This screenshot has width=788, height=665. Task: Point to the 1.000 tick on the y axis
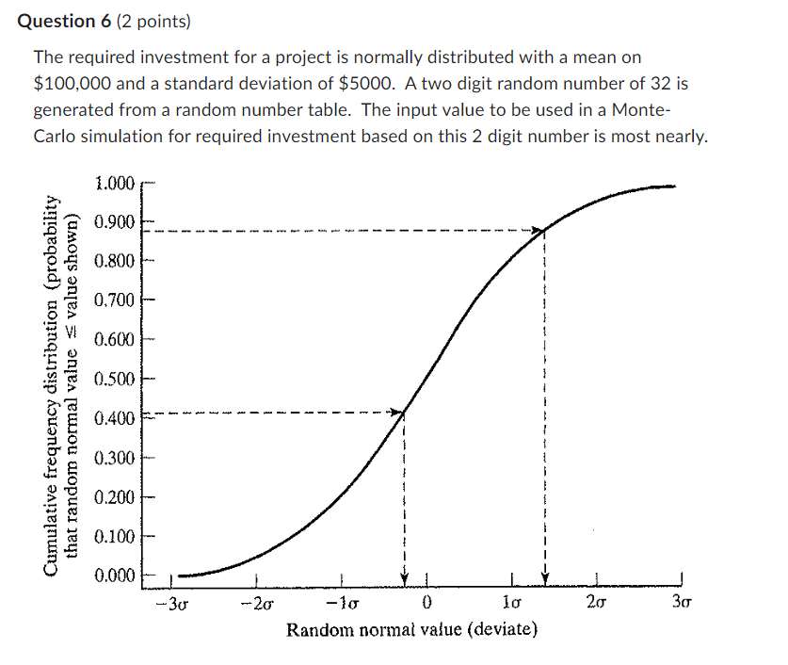point(115,183)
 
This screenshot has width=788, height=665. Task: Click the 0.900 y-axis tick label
point(115,221)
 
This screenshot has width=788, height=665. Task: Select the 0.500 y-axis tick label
point(115,379)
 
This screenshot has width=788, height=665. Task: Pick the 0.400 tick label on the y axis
point(115,417)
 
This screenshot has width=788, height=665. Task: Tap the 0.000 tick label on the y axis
point(115,575)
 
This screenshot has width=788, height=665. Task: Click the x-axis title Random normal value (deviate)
point(412,628)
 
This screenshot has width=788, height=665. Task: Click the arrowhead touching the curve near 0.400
point(395,412)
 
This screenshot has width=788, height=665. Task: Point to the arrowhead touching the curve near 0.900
point(538,230)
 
